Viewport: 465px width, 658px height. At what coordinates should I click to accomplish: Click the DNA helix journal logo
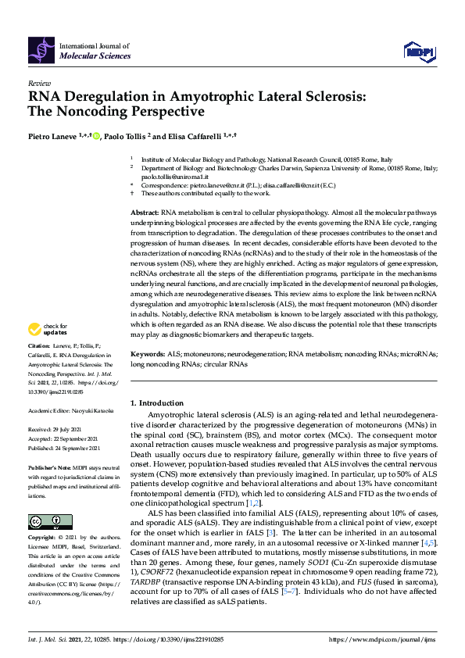(41, 52)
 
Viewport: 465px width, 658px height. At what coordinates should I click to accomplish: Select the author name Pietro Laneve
(52, 135)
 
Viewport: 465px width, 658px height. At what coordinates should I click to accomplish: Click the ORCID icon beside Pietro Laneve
(97, 135)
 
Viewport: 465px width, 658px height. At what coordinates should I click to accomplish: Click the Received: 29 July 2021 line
(55, 430)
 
